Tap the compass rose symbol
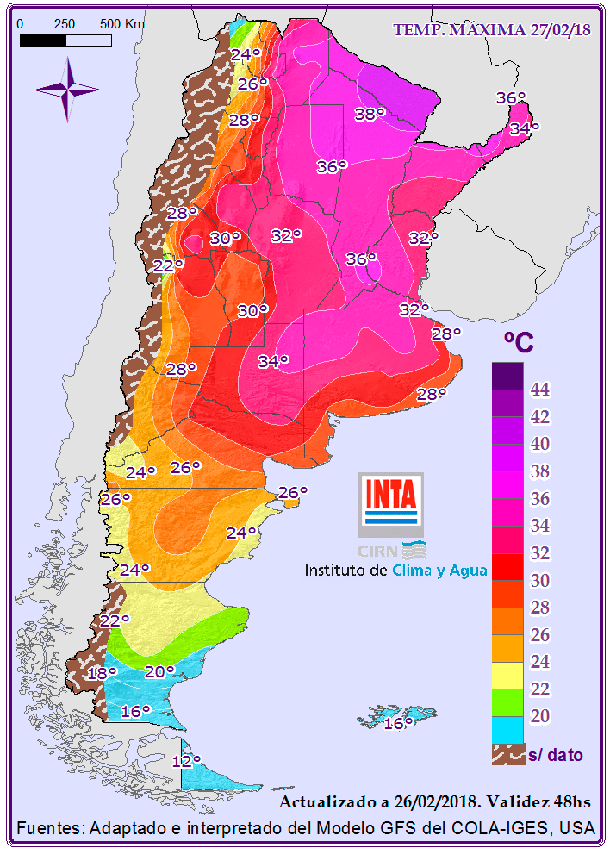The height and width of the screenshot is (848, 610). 67,88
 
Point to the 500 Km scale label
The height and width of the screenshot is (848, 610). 121,24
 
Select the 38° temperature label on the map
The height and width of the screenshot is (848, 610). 370,114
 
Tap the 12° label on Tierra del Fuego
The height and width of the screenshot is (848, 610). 185,761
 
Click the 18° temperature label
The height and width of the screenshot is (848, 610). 101,673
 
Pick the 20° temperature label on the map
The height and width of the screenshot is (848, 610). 159,671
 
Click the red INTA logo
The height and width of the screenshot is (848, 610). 391,495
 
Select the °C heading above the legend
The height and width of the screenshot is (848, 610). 518,342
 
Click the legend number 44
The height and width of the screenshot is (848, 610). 540,390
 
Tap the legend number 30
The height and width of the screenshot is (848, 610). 540,580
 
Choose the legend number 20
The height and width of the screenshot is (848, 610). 540,716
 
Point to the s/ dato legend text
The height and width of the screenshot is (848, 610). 555,756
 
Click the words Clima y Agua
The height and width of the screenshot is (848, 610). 439,571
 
